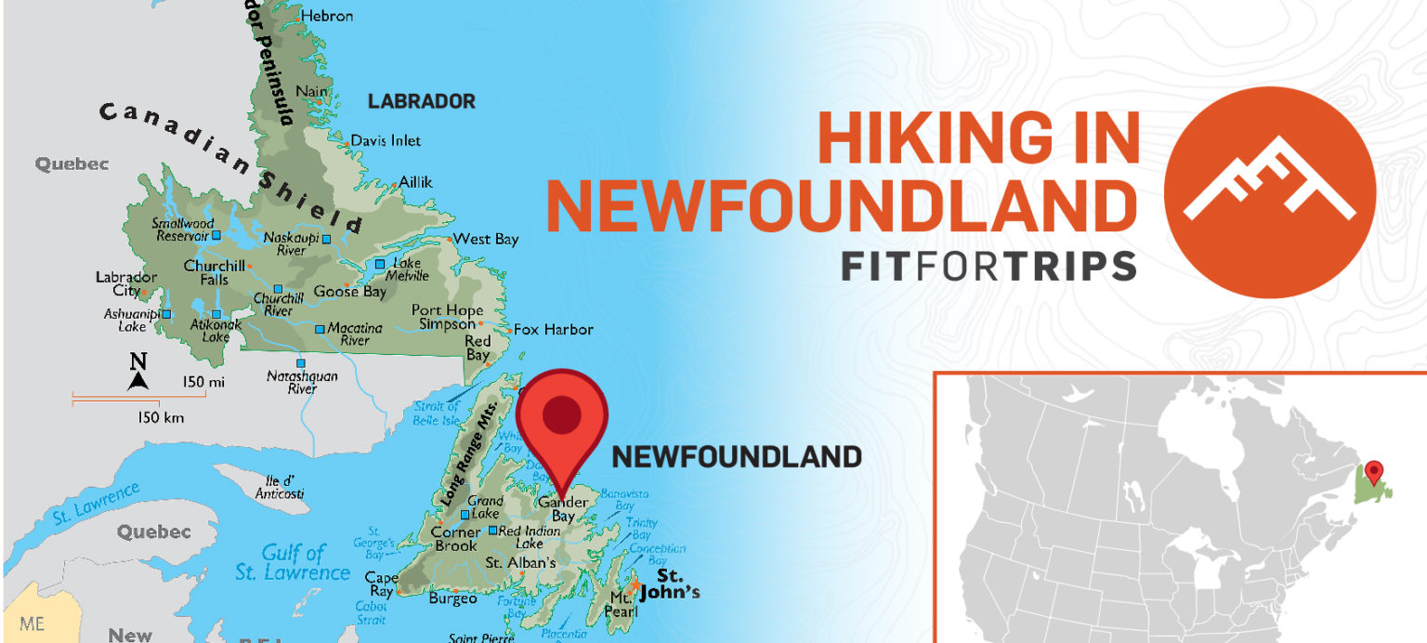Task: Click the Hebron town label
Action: click(328, 16)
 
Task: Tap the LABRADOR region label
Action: click(421, 101)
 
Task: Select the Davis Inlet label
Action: click(385, 140)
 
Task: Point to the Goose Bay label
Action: click(349, 292)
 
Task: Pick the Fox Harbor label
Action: click(553, 329)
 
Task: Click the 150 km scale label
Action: click(160, 417)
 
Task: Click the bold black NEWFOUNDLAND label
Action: click(736, 456)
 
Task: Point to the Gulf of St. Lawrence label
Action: click(293, 562)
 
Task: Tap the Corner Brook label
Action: click(456, 539)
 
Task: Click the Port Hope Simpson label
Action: click(448, 317)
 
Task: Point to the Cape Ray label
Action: click(381, 584)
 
